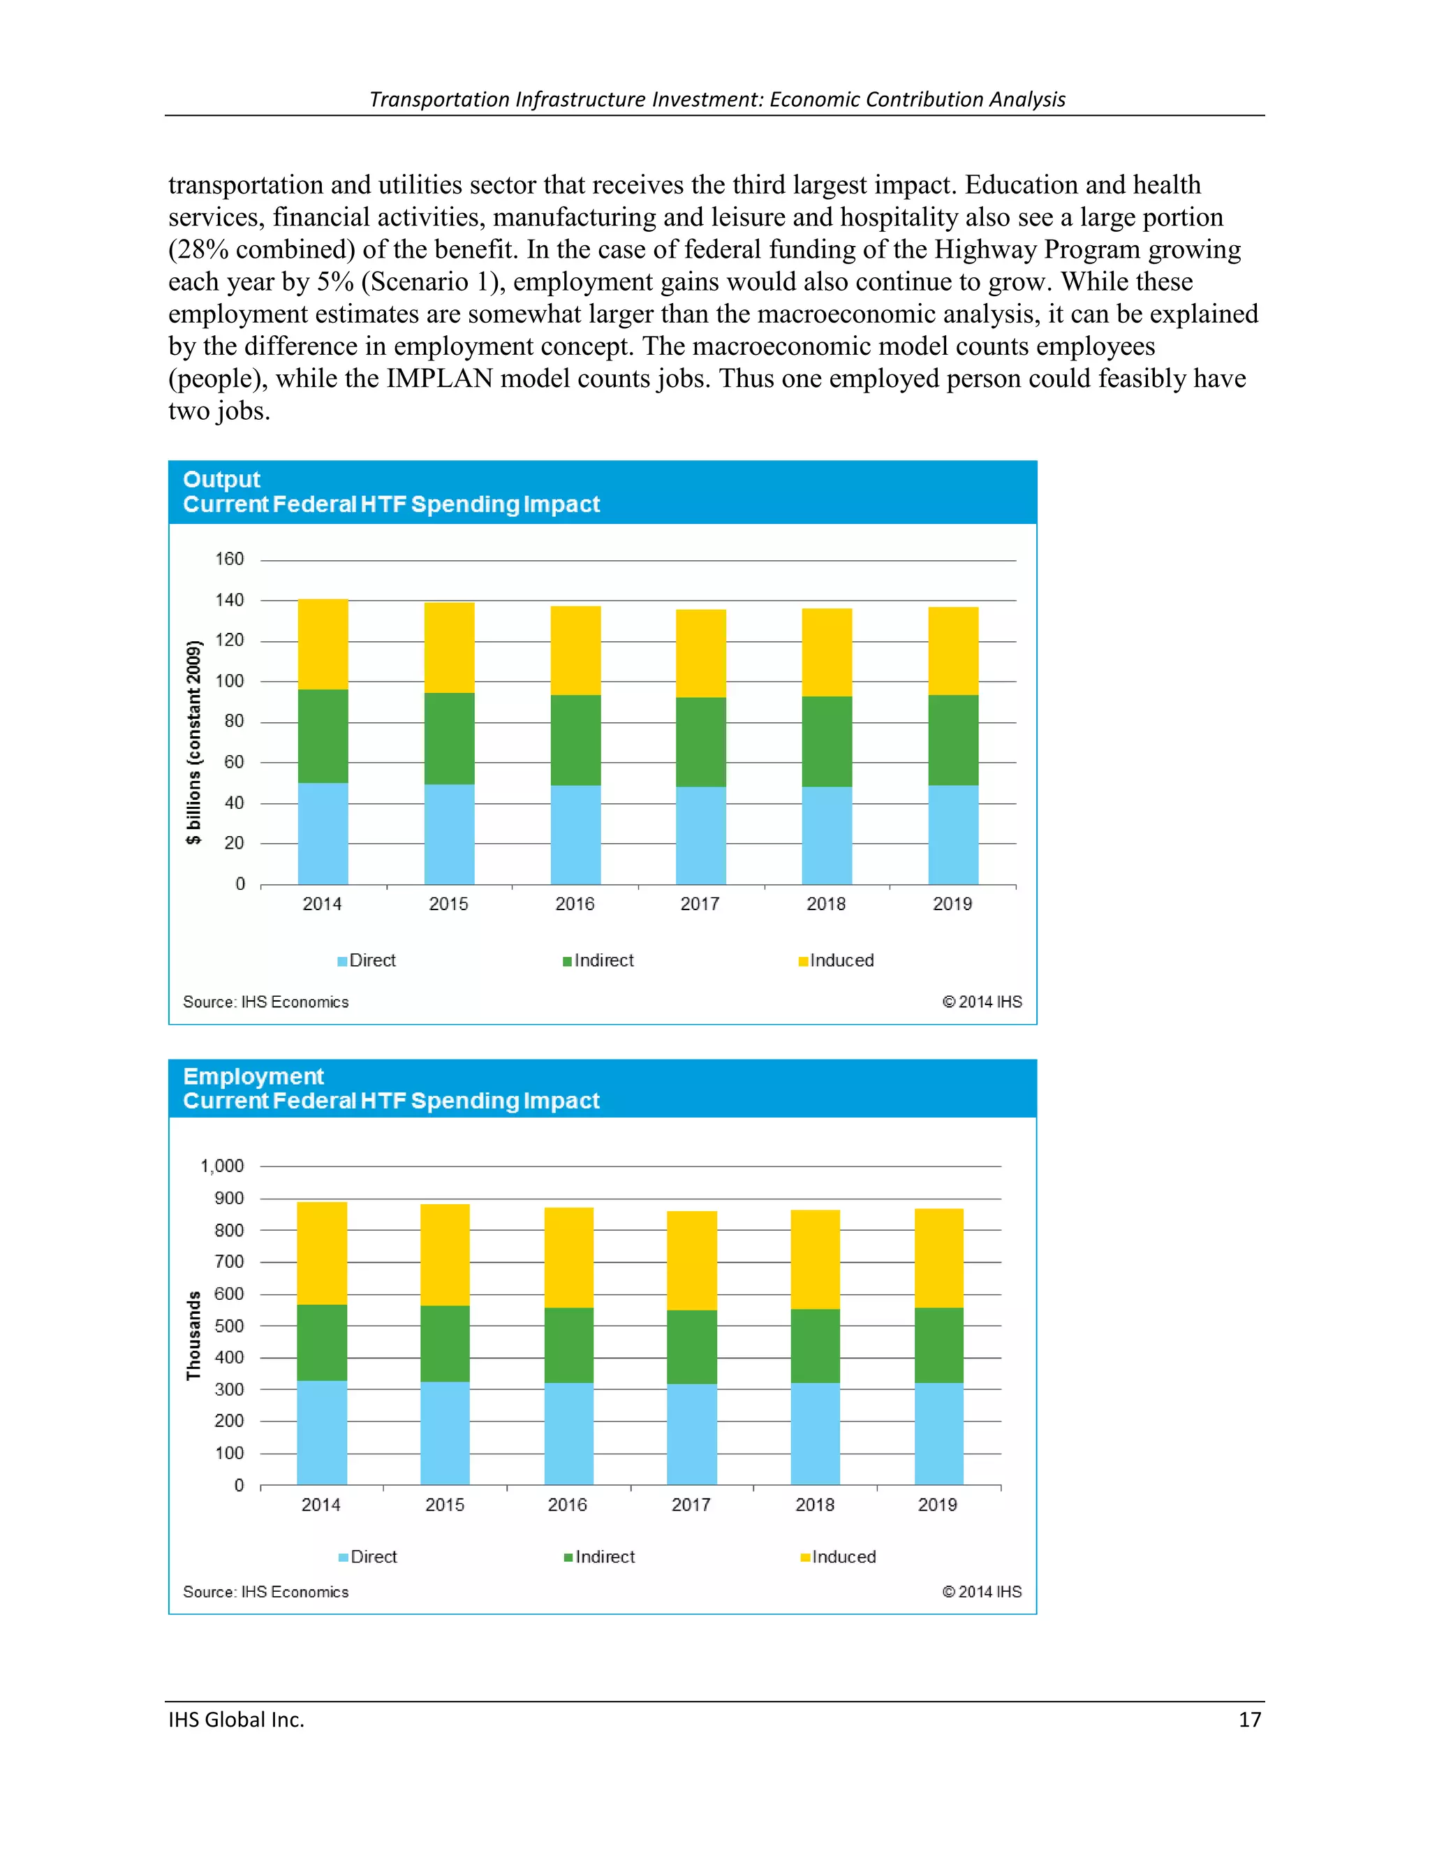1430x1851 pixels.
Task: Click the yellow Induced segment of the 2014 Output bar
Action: point(323,644)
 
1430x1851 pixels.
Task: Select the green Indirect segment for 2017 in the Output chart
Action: point(700,742)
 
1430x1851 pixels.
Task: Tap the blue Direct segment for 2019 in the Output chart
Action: point(953,835)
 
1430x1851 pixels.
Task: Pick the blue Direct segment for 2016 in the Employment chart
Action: point(568,1434)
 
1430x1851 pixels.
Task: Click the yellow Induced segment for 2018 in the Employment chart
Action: point(815,1259)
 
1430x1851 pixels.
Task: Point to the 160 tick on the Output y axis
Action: point(229,559)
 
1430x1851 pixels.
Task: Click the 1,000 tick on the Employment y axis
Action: point(222,1166)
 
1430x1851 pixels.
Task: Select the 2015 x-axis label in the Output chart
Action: point(448,905)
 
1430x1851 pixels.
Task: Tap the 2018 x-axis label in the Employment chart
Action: point(814,1505)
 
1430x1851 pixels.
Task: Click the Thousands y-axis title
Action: point(194,1336)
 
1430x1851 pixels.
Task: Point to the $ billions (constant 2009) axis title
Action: point(194,743)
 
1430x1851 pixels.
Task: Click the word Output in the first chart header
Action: point(221,480)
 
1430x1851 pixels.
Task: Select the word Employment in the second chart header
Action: point(253,1076)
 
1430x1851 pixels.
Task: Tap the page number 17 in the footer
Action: point(1250,1720)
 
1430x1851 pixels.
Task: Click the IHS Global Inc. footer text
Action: point(237,1720)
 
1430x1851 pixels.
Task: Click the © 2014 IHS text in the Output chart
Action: point(982,1002)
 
